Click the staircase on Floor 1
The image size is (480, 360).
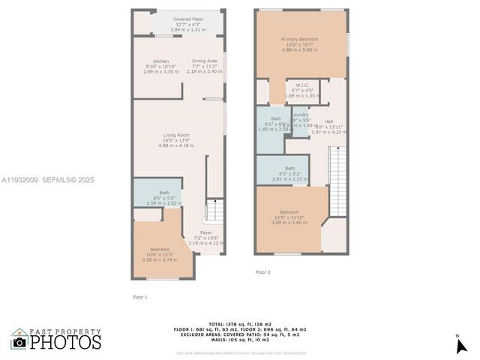[214, 210]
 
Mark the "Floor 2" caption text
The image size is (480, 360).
[262, 272]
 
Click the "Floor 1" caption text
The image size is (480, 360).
[140, 297]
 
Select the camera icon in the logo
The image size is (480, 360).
[19, 342]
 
